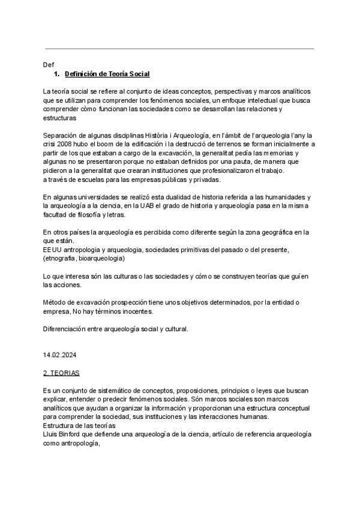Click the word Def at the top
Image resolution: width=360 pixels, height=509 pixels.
[49, 64]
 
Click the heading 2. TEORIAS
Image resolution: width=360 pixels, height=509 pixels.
[61, 373]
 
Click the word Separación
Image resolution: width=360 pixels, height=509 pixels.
[62, 136]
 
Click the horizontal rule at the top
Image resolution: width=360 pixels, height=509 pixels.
[179, 49]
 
